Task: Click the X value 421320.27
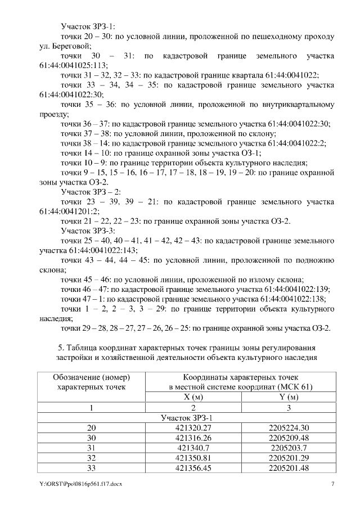193,427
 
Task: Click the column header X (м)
193,397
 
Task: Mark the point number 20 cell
92,427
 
